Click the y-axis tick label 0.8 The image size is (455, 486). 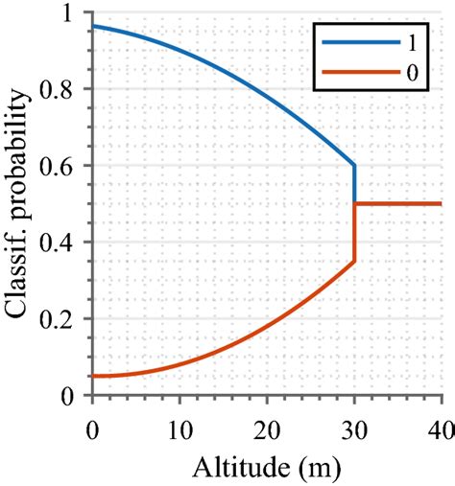[x=68, y=90]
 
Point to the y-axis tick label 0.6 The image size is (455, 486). [x=68, y=167]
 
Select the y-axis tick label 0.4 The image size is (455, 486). [x=68, y=243]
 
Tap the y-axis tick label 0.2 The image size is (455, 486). [x=68, y=320]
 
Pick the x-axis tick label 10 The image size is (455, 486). [x=180, y=422]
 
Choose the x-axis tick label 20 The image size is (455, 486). [x=267, y=422]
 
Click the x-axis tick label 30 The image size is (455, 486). [x=354, y=422]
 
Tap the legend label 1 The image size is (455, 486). [x=413, y=41]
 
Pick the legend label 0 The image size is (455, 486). [x=413, y=71]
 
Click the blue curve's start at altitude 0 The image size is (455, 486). [x=92, y=26]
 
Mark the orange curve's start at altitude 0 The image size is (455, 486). [x=92, y=376]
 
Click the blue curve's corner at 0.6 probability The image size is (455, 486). [x=354, y=165]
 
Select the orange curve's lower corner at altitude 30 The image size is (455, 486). [x=354, y=261]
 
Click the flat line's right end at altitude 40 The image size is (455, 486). [x=441, y=203]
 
